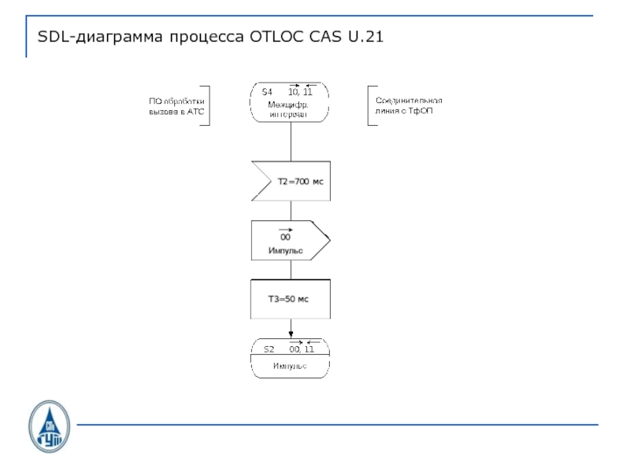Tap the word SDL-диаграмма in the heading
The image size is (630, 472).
point(100,36)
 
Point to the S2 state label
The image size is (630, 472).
point(269,348)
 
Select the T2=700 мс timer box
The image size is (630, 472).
point(291,181)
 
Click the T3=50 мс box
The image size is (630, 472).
point(290,299)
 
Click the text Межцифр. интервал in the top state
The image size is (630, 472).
point(287,109)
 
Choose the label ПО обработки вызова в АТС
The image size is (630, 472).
point(176,106)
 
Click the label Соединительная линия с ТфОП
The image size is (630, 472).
point(409,106)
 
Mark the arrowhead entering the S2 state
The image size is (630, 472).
point(291,334)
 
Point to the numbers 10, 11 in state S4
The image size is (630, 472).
point(301,93)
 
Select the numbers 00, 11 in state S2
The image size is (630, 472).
point(302,348)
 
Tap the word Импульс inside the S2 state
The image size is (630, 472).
point(289,367)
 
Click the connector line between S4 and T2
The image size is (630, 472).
point(291,142)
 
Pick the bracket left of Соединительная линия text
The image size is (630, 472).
point(369,106)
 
